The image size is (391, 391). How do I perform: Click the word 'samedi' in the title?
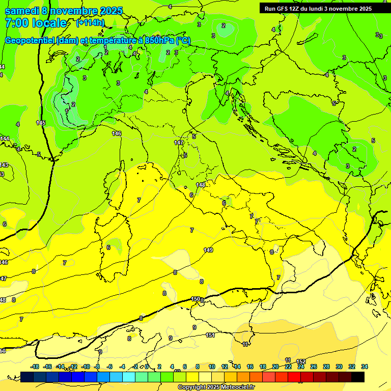tap(21, 11)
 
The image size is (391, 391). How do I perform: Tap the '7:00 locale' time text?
tap(36, 23)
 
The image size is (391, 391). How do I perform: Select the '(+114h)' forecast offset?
tap(90, 22)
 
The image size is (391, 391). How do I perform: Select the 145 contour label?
tap(41, 123)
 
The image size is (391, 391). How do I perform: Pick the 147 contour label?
tap(179, 143)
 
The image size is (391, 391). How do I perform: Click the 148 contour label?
tap(201, 185)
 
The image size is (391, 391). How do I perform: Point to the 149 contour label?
tap(208, 250)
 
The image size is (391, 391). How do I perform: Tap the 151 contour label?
tap(210, 335)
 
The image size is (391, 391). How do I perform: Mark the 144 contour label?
tap(5, 138)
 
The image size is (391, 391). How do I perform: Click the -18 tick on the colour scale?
tap(35, 367)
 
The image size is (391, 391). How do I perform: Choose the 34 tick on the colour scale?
tap(365, 367)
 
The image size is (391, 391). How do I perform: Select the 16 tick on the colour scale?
tap(250, 367)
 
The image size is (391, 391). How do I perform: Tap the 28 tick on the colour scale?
tap(326, 367)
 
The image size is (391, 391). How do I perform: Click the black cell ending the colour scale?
tap(358, 377)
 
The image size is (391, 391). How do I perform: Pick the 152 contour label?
tap(301, 361)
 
